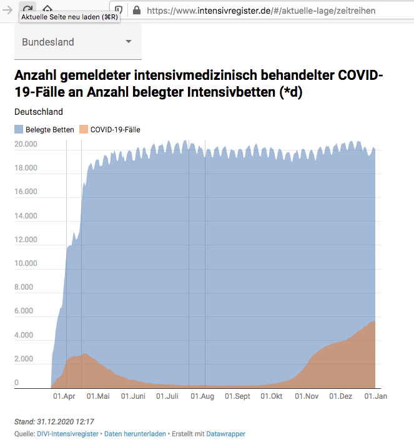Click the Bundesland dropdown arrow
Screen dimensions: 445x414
coord(129,42)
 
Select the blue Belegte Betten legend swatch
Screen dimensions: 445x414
coord(19,130)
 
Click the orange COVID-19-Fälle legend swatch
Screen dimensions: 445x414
coord(83,130)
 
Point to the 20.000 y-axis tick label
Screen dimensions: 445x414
coord(26,144)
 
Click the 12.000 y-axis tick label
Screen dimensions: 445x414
coord(26,240)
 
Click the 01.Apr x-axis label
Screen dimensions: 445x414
coord(64,396)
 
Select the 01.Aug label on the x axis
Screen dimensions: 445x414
coord(203,396)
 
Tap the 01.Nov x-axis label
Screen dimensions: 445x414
coord(307,396)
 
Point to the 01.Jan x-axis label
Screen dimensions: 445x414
coord(375,396)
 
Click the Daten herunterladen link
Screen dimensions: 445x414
coord(135,434)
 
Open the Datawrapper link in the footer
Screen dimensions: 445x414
coord(226,434)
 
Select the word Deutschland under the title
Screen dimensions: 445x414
coord(39,112)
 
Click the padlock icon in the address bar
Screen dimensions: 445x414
coord(137,10)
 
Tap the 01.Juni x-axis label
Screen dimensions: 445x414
coord(133,396)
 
